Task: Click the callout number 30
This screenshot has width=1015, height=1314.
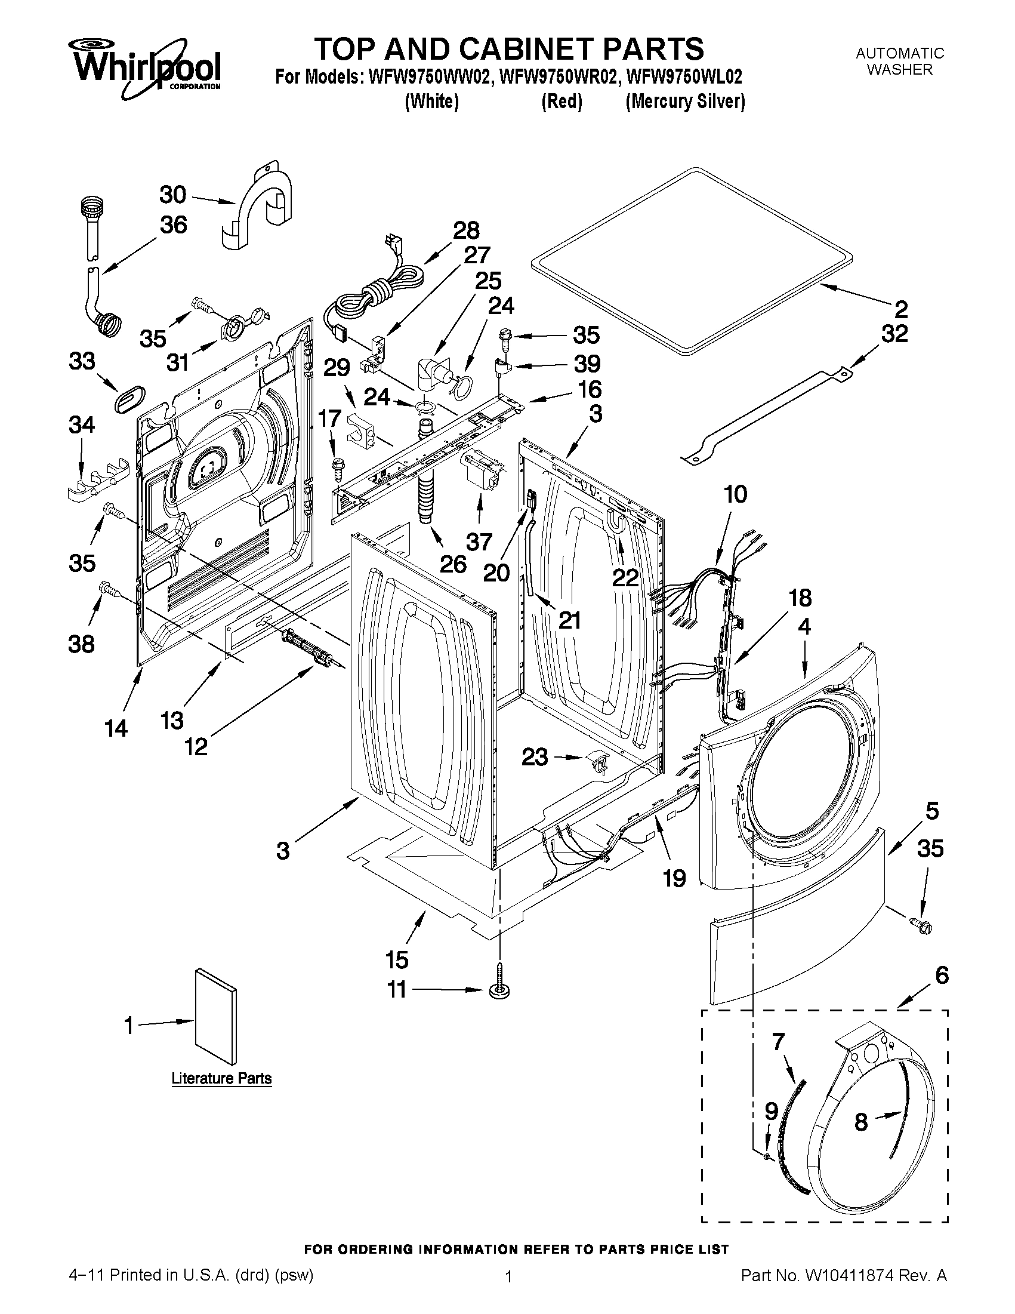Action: click(x=172, y=195)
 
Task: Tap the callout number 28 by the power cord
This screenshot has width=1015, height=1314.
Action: click(x=466, y=230)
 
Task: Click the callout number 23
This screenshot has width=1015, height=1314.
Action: click(x=535, y=756)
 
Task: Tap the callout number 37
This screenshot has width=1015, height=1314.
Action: click(x=479, y=541)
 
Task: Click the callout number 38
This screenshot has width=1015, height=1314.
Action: click(x=82, y=644)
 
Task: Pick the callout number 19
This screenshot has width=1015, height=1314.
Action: click(x=674, y=878)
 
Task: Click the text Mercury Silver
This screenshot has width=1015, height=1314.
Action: click(x=685, y=101)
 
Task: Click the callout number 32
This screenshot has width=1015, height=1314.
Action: click(x=894, y=333)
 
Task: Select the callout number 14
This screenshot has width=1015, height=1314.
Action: click(x=116, y=728)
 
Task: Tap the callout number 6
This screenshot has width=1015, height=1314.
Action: click(x=941, y=975)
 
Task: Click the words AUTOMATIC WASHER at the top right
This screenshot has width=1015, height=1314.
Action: click(x=900, y=61)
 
